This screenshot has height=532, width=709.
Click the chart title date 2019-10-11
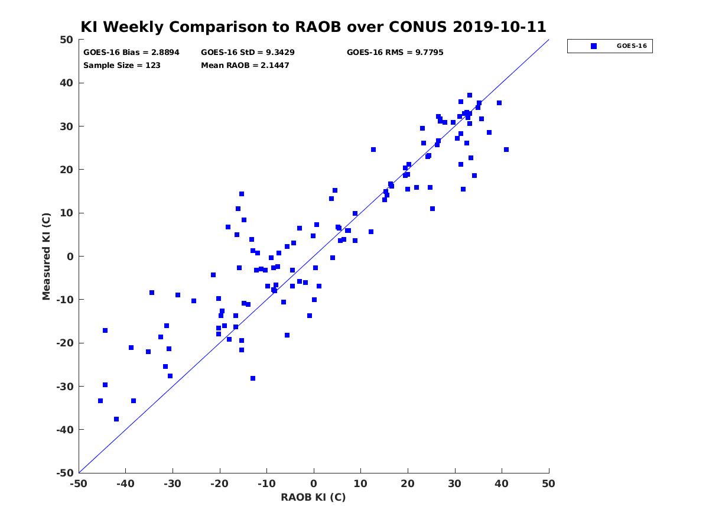coord(499,27)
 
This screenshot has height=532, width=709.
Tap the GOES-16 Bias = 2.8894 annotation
coord(131,53)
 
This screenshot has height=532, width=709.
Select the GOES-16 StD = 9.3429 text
coord(248,53)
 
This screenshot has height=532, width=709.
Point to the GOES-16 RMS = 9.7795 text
coord(395,53)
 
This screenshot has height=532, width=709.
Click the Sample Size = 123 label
coord(122,65)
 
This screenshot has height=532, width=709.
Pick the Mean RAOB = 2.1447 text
coord(245,65)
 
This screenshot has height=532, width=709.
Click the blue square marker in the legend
coord(594,46)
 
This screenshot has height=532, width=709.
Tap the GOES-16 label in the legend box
coord(632,46)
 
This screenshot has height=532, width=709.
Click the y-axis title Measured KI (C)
coord(46,257)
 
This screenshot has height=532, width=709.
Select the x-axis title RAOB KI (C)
coord(313,497)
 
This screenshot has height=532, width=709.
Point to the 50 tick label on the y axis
coord(67,40)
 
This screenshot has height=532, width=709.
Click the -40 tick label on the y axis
coord(65,430)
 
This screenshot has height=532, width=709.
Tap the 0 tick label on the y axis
coord(70,257)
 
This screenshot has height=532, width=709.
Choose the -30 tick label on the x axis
coord(173,484)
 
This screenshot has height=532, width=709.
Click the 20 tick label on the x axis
coord(408,484)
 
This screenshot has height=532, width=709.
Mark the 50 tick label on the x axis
coord(548,484)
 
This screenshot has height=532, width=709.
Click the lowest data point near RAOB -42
coord(116,419)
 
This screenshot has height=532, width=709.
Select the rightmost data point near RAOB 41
coord(506,150)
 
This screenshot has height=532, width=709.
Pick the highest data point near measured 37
coord(470,95)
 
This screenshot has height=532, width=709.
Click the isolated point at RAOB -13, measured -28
coord(253,378)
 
